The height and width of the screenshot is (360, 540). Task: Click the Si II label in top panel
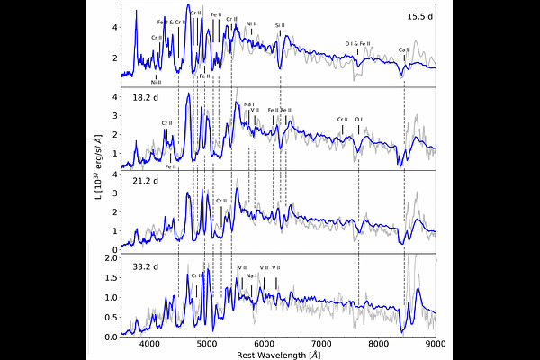280,26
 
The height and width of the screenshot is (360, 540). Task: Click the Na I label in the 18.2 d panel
248,103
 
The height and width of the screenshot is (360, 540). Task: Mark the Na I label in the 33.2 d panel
252,275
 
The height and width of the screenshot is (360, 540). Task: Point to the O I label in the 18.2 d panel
358,119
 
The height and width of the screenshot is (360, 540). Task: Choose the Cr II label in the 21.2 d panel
219,201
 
